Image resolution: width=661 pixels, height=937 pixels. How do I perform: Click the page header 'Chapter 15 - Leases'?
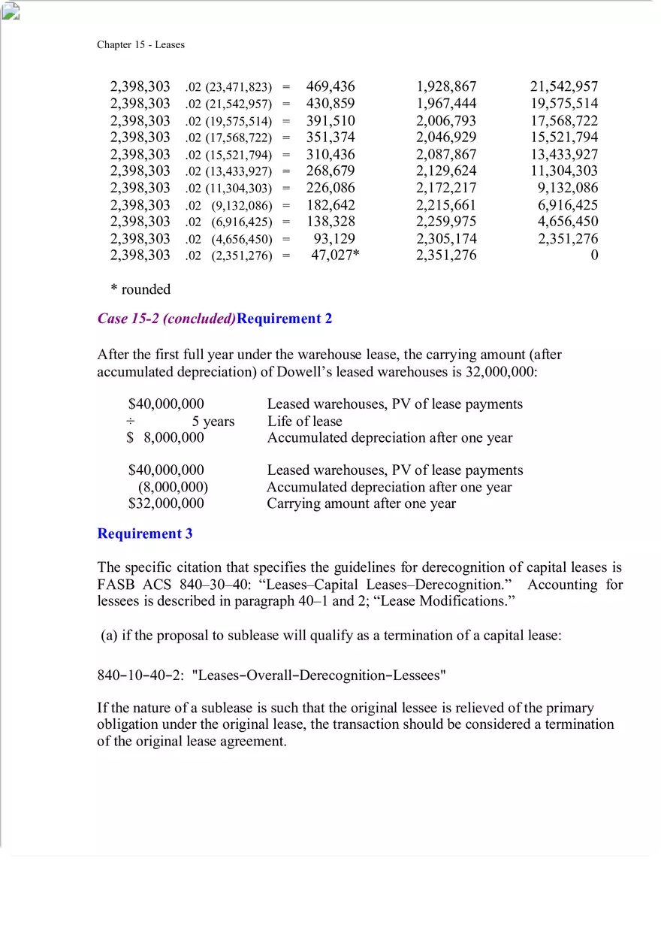point(140,44)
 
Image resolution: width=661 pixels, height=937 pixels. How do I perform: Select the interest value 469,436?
point(330,86)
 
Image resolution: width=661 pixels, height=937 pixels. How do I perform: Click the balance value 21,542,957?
point(563,86)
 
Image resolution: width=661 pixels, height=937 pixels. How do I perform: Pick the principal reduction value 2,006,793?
point(446,120)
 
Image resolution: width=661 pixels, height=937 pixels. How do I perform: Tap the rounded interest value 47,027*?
point(335,255)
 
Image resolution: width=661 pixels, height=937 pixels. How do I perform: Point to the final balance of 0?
point(594,255)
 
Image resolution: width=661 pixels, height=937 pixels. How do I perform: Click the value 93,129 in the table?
point(334,238)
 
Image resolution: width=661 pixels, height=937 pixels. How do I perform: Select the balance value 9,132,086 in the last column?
point(567,188)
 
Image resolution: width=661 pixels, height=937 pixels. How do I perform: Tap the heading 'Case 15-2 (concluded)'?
point(166,318)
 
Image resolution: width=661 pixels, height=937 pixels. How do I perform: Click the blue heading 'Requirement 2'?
point(285,318)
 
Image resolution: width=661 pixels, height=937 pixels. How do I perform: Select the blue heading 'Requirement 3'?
point(145,533)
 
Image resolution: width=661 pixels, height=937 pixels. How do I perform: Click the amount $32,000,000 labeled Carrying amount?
point(166,503)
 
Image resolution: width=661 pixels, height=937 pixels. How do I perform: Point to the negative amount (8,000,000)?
point(172,487)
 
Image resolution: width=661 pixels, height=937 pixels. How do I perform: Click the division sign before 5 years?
point(131,421)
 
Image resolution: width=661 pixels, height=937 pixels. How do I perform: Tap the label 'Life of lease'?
point(304,421)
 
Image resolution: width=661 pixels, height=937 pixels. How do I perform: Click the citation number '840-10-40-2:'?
point(140,675)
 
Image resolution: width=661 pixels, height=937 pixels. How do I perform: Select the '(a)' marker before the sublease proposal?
point(109,636)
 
